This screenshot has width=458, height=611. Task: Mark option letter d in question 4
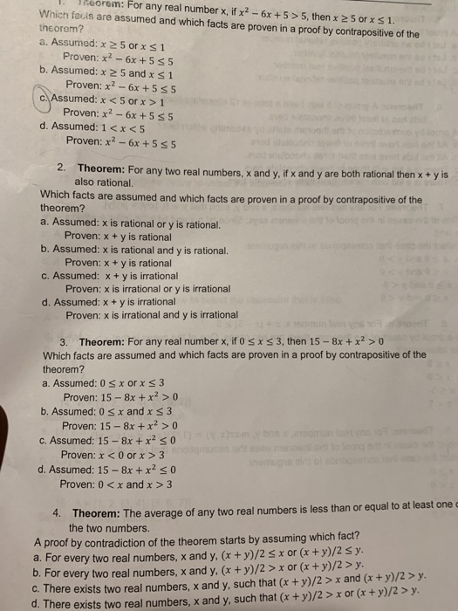[x=36, y=594]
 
